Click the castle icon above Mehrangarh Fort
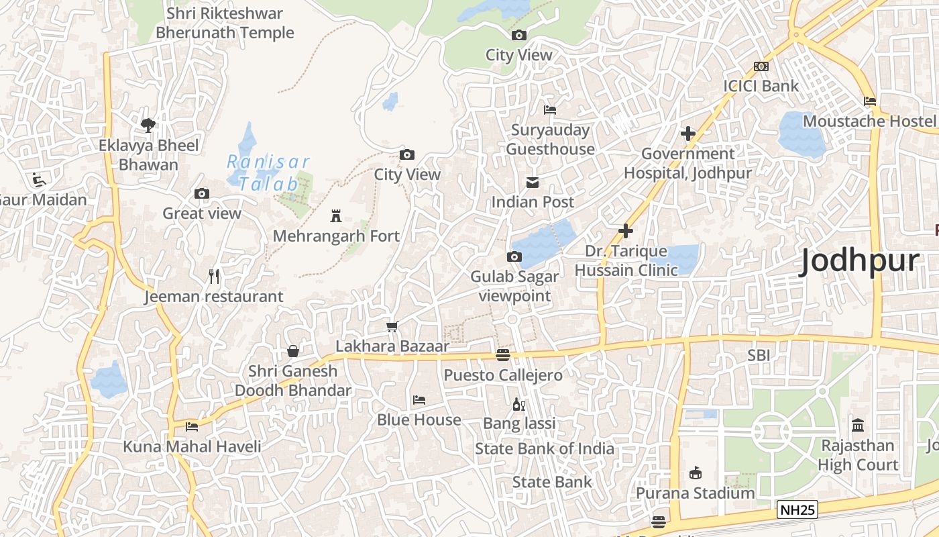click(x=336, y=216)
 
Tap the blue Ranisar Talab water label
click(x=268, y=173)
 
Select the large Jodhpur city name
click(x=860, y=261)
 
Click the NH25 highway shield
click(x=797, y=510)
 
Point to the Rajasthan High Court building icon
click(x=857, y=426)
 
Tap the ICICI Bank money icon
click(x=761, y=66)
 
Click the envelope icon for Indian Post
click(x=533, y=183)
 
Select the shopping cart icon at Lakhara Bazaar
click(x=392, y=327)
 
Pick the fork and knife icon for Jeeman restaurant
click(x=214, y=277)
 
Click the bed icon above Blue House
click(x=419, y=401)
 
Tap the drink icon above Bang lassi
click(x=518, y=404)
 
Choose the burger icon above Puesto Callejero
click(x=503, y=355)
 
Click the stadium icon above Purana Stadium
click(x=696, y=473)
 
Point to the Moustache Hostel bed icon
click(x=870, y=101)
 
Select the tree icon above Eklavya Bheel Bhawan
click(x=148, y=125)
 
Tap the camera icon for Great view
click(x=202, y=194)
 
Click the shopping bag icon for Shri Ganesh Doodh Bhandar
click(x=293, y=351)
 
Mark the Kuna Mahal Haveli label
click(x=192, y=446)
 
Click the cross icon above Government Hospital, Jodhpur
click(x=687, y=134)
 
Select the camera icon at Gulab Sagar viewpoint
click(x=514, y=257)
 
